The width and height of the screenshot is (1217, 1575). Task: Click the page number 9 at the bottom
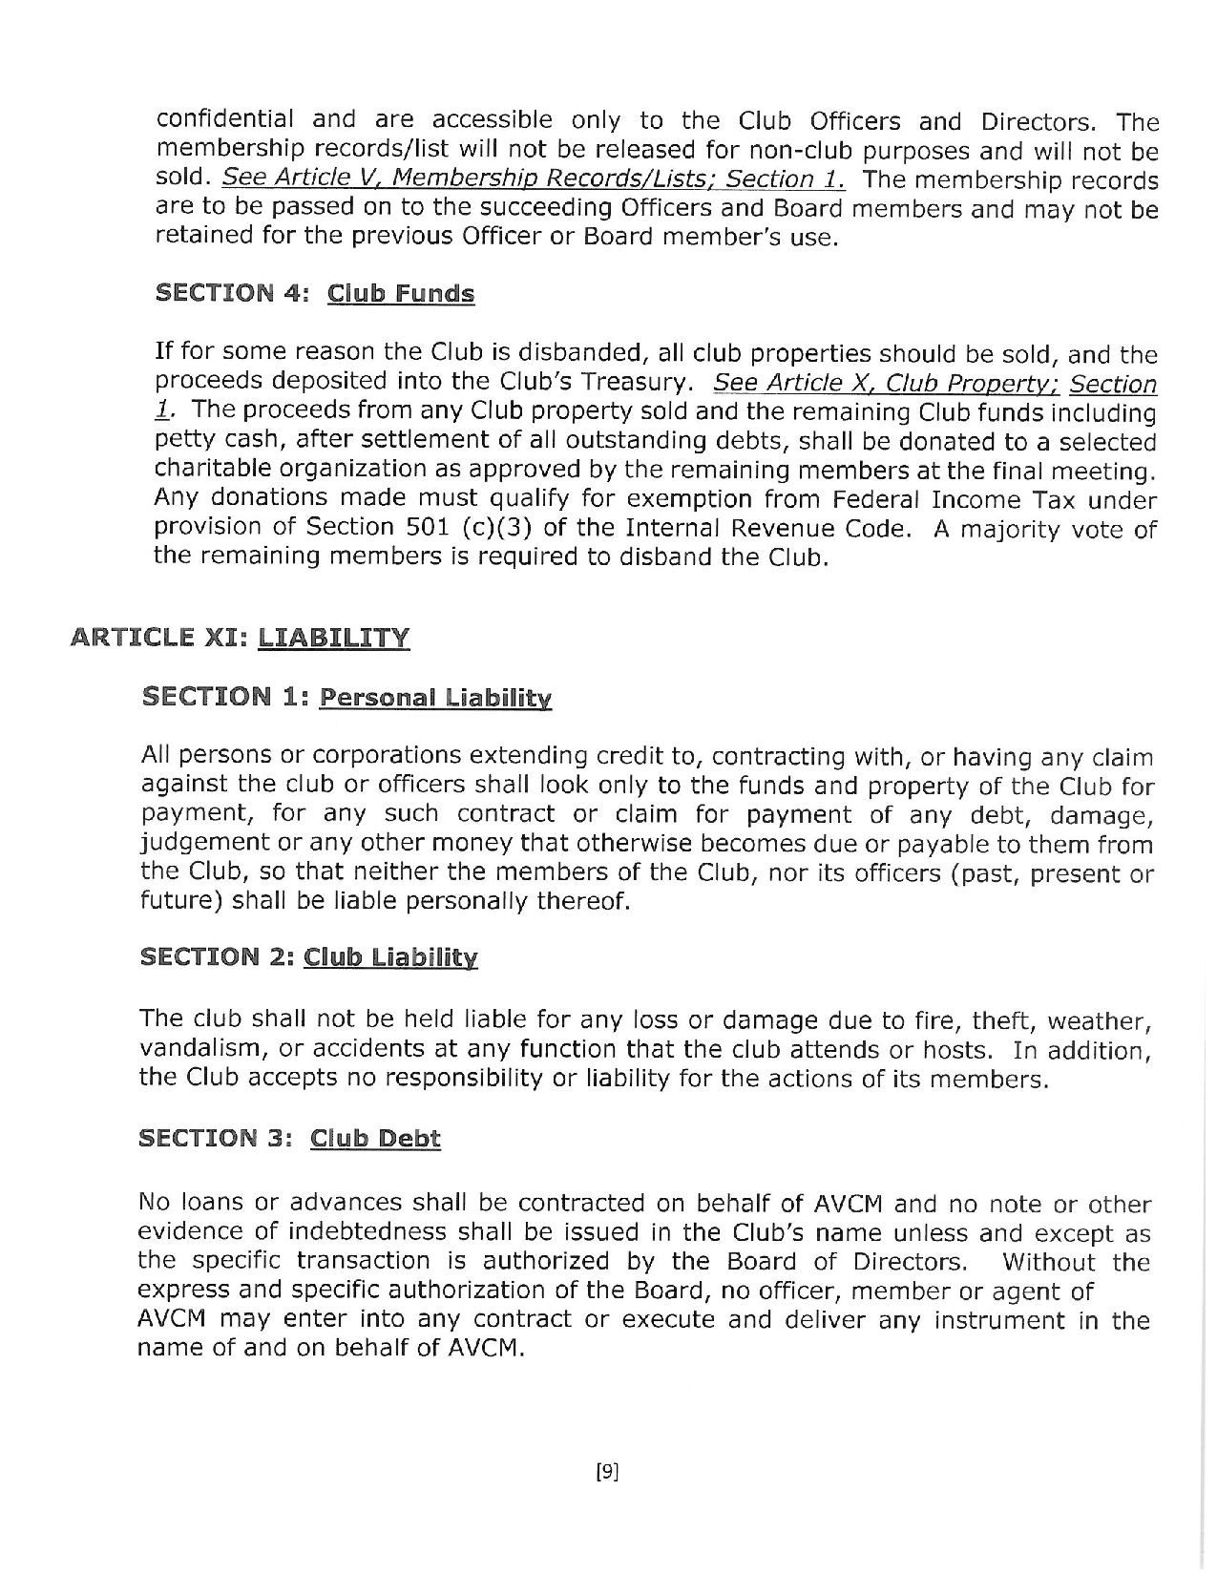(x=608, y=1472)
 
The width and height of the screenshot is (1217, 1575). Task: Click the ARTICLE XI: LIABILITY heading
(x=241, y=637)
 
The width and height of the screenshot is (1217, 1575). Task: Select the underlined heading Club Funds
(x=400, y=293)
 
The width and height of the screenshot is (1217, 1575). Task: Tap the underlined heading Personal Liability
(x=435, y=698)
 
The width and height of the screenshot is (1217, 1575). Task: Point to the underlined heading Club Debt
(x=375, y=1139)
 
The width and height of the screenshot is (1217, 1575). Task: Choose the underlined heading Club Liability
(x=390, y=957)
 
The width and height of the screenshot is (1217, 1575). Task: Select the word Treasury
(x=631, y=383)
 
